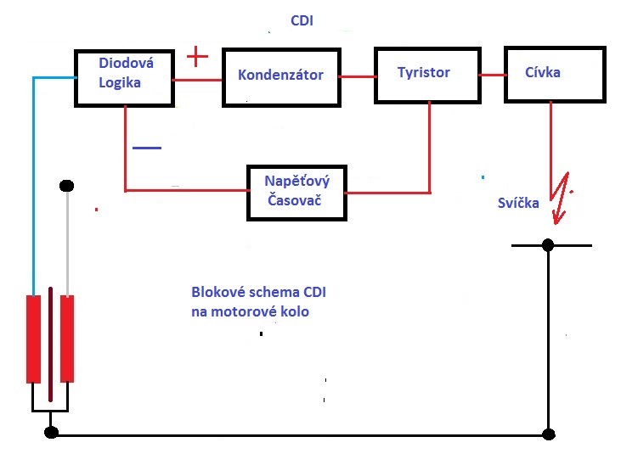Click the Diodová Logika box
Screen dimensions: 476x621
point(123,77)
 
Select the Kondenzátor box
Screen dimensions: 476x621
point(280,76)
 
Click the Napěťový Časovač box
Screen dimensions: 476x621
point(296,193)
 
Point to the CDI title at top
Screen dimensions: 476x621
point(302,20)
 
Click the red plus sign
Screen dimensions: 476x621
point(196,57)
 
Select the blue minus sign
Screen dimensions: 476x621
point(145,148)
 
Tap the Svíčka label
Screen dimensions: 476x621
point(518,203)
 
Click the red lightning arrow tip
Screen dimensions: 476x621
point(556,222)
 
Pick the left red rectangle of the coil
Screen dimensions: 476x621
point(34,339)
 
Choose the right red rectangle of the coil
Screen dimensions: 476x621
point(67,339)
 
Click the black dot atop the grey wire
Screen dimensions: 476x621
point(67,185)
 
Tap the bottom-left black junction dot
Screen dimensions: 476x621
point(51,433)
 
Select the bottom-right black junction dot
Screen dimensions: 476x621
point(548,433)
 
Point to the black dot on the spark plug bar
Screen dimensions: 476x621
point(548,244)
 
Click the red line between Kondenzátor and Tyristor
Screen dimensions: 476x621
point(358,76)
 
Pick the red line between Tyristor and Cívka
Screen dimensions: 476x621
point(490,75)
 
